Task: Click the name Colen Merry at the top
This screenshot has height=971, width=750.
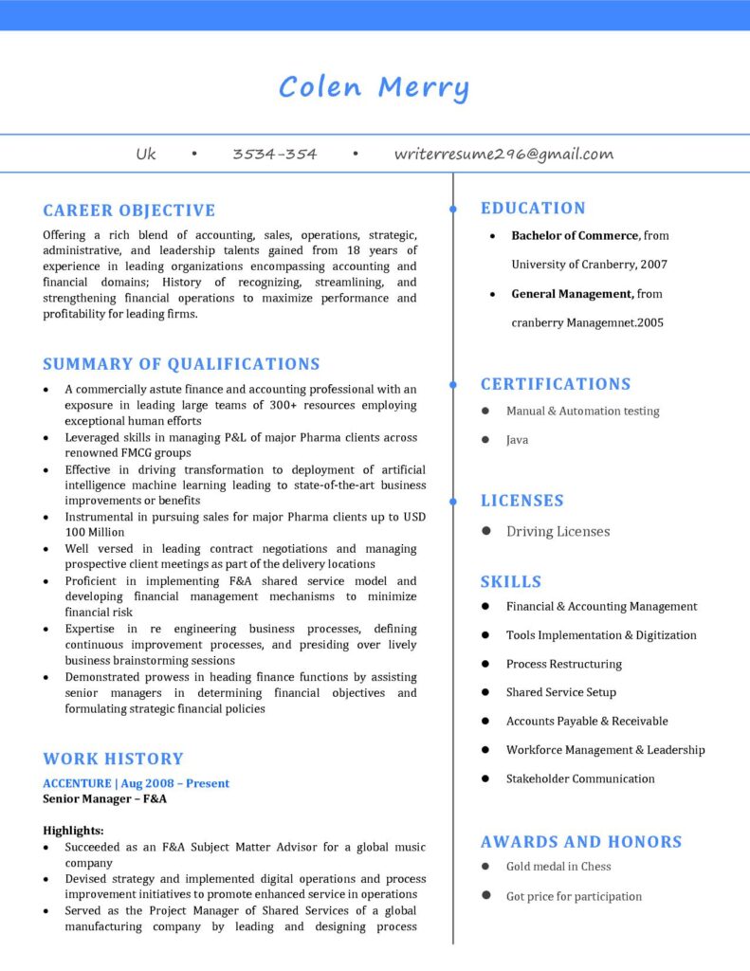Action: tap(374, 88)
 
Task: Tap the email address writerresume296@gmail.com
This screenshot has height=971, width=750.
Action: tap(503, 154)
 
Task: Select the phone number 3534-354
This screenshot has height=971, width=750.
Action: tap(275, 154)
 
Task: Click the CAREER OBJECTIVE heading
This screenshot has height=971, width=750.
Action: tap(129, 211)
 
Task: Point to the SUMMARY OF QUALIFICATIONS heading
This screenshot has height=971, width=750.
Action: tap(181, 364)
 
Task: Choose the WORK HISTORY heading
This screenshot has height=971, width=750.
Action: tap(113, 759)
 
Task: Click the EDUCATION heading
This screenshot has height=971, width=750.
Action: tap(533, 209)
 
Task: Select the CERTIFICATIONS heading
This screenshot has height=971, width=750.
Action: tap(556, 384)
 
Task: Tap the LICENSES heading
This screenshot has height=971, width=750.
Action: tap(521, 501)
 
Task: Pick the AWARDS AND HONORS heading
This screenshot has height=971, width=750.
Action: tap(581, 842)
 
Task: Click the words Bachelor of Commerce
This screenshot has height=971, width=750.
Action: tap(575, 235)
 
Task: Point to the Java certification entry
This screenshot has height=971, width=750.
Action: tap(517, 440)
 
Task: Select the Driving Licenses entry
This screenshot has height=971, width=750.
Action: tap(558, 532)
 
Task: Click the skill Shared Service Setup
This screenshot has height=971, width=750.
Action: tap(560, 692)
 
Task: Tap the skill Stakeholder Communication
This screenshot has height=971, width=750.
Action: tap(580, 779)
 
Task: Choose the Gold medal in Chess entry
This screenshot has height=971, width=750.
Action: tap(558, 867)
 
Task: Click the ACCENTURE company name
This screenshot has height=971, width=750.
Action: tap(76, 783)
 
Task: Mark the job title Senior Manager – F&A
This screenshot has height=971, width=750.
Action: tap(104, 799)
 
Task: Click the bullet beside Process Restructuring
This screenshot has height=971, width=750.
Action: tap(485, 664)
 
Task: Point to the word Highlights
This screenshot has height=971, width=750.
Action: tap(73, 831)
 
